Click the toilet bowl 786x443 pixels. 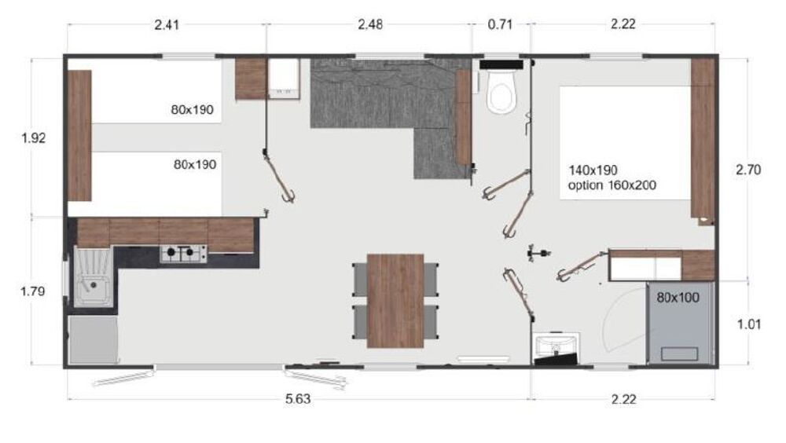pyautogui.click(x=502, y=91)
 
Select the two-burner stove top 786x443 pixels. pyautogui.click(x=183, y=253)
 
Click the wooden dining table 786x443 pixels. pyautogui.click(x=395, y=301)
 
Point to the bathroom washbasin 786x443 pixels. pyautogui.click(x=555, y=345)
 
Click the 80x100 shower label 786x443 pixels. pyautogui.click(x=678, y=298)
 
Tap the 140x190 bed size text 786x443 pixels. pyautogui.click(x=593, y=170)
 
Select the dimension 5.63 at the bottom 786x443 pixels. pyautogui.click(x=298, y=399)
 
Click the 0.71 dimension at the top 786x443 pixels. pyautogui.click(x=500, y=24)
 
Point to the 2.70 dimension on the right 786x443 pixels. pyautogui.click(x=748, y=170)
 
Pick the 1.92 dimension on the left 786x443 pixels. pyautogui.click(x=34, y=137)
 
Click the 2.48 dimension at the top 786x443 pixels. pyautogui.click(x=370, y=24)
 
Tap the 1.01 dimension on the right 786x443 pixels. pyautogui.click(x=749, y=324)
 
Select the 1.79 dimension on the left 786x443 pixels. pyautogui.click(x=32, y=291)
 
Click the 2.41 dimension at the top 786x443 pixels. pyautogui.click(x=167, y=24)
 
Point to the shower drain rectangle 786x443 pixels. pyautogui.click(x=679, y=353)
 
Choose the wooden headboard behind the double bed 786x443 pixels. pyautogui.click(x=703, y=138)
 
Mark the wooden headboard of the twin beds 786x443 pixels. pyautogui.click(x=79, y=135)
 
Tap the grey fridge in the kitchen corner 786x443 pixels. pyautogui.click(x=94, y=340)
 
